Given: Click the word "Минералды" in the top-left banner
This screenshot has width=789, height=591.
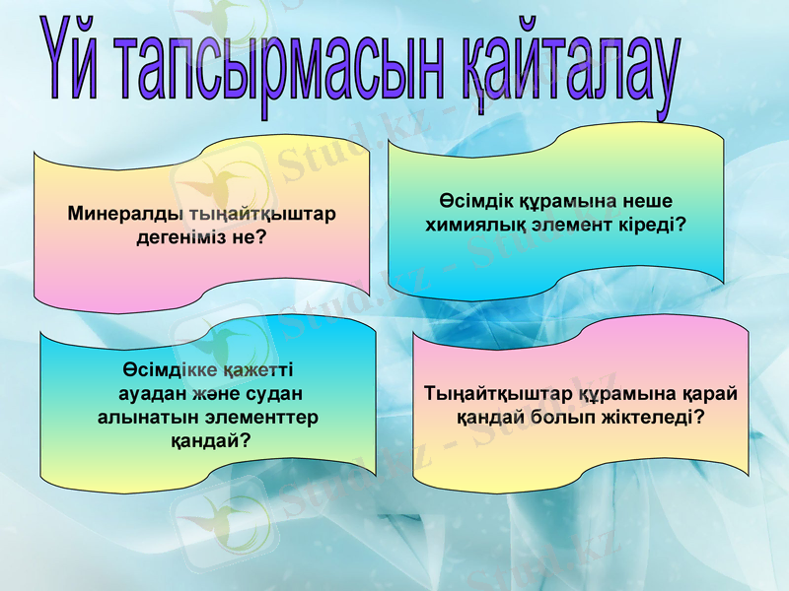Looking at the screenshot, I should coord(123,213).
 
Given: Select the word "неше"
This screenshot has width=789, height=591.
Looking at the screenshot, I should coord(643,200).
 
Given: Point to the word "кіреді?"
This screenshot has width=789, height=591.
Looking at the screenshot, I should coord(646,225).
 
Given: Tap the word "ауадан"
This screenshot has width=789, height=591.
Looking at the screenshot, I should coord(156,394).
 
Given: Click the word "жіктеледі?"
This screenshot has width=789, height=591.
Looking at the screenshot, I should coord(653,417).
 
